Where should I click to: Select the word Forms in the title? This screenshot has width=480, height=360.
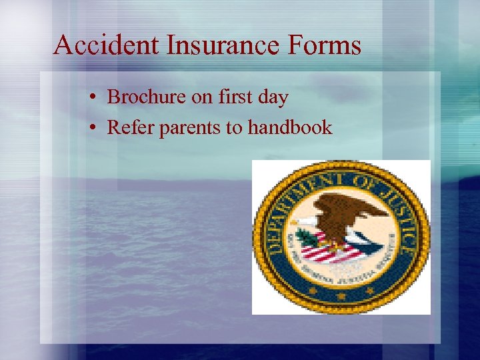(328, 45)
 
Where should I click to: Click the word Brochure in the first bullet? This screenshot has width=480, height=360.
(147, 97)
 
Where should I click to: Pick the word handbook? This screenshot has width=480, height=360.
(289, 127)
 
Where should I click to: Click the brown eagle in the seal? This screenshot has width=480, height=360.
(347, 213)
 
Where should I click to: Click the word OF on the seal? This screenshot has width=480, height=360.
(367, 180)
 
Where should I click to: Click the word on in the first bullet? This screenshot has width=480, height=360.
(202, 98)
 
